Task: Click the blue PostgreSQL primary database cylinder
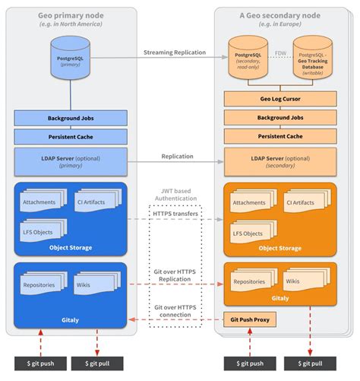pyautogui.click(x=71, y=59)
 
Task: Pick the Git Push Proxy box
pyautogui.click(x=250, y=319)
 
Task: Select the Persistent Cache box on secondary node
pyautogui.click(x=281, y=136)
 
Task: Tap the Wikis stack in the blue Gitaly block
pyautogui.click(x=95, y=285)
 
